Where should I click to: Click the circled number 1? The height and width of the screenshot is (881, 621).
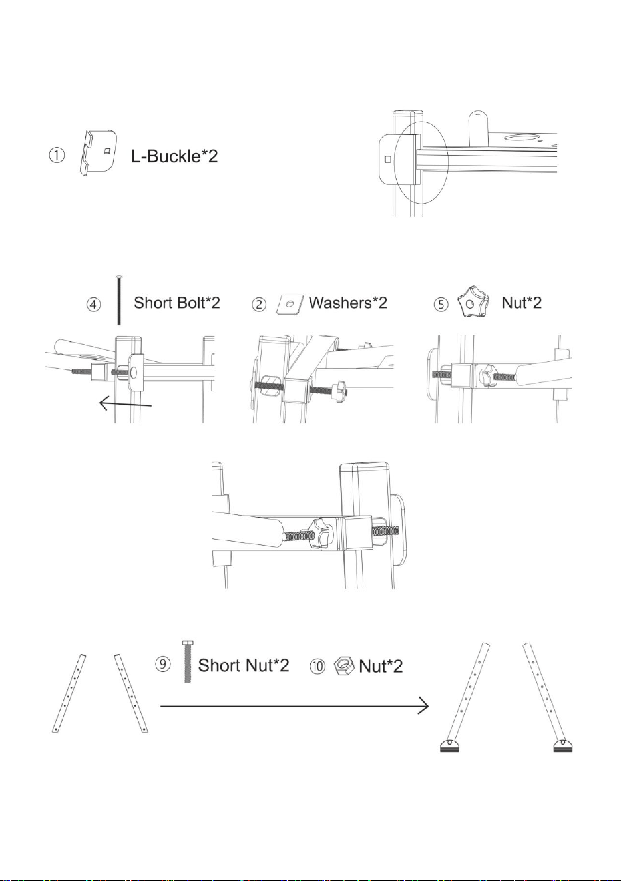[x=57, y=155]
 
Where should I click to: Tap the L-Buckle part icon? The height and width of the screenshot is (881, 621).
[x=98, y=152]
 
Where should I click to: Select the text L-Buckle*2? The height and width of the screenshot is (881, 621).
[x=174, y=156]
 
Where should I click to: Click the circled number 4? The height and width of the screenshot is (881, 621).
[x=93, y=305]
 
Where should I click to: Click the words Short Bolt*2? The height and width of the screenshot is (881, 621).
[x=177, y=303]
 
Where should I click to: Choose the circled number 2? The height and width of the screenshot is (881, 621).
[x=258, y=305]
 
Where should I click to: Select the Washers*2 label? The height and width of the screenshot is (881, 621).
[x=348, y=303]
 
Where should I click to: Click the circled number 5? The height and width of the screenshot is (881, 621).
[x=441, y=305]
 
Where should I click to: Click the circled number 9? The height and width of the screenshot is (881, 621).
[x=162, y=664]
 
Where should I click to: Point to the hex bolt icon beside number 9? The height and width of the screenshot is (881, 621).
[x=188, y=661]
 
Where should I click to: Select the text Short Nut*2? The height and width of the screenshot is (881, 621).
[x=244, y=665]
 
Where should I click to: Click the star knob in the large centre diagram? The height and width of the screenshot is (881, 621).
[x=321, y=533]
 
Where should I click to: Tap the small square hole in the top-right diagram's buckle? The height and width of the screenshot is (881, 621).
[x=387, y=159]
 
